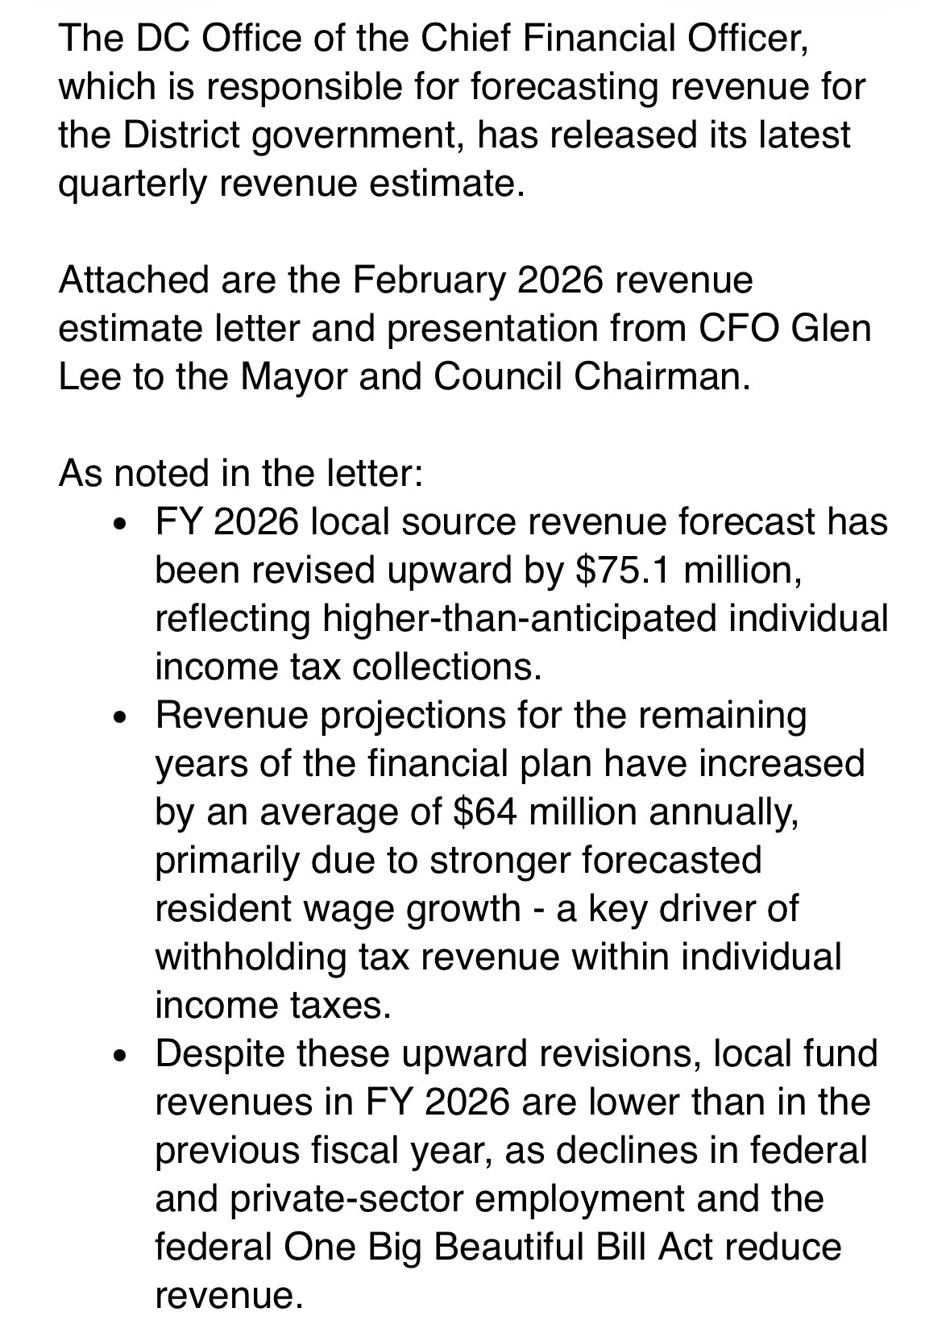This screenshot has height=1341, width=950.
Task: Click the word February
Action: [x=428, y=280]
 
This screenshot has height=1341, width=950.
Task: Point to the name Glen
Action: [x=832, y=329]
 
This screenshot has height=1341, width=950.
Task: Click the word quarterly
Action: [x=133, y=184]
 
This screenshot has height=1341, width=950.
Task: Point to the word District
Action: [x=181, y=135]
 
